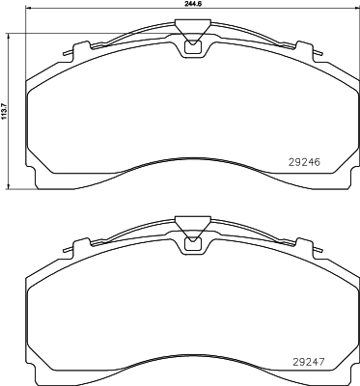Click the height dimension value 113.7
pos(5,108)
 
